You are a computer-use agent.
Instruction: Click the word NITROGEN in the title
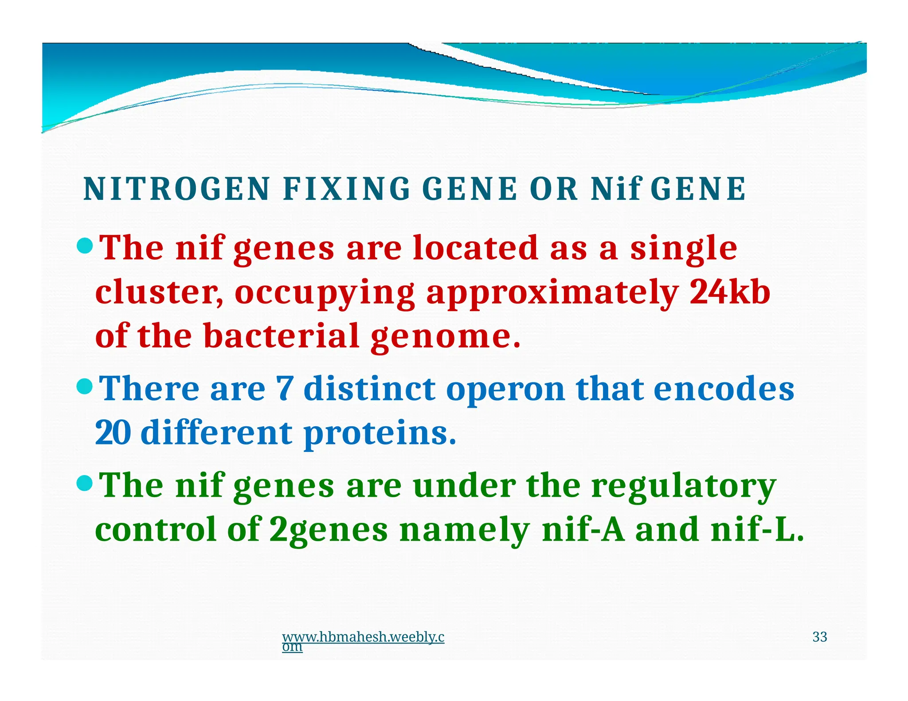[176, 189]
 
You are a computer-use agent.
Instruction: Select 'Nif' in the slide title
[616, 189]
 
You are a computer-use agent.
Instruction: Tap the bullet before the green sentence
[84, 483]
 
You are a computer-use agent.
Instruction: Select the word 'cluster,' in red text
[159, 293]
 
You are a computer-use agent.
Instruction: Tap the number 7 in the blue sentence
[284, 389]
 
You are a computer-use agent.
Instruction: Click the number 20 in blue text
[113, 433]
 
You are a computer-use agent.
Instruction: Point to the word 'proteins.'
[380, 433]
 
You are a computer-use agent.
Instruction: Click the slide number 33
[819, 637]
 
